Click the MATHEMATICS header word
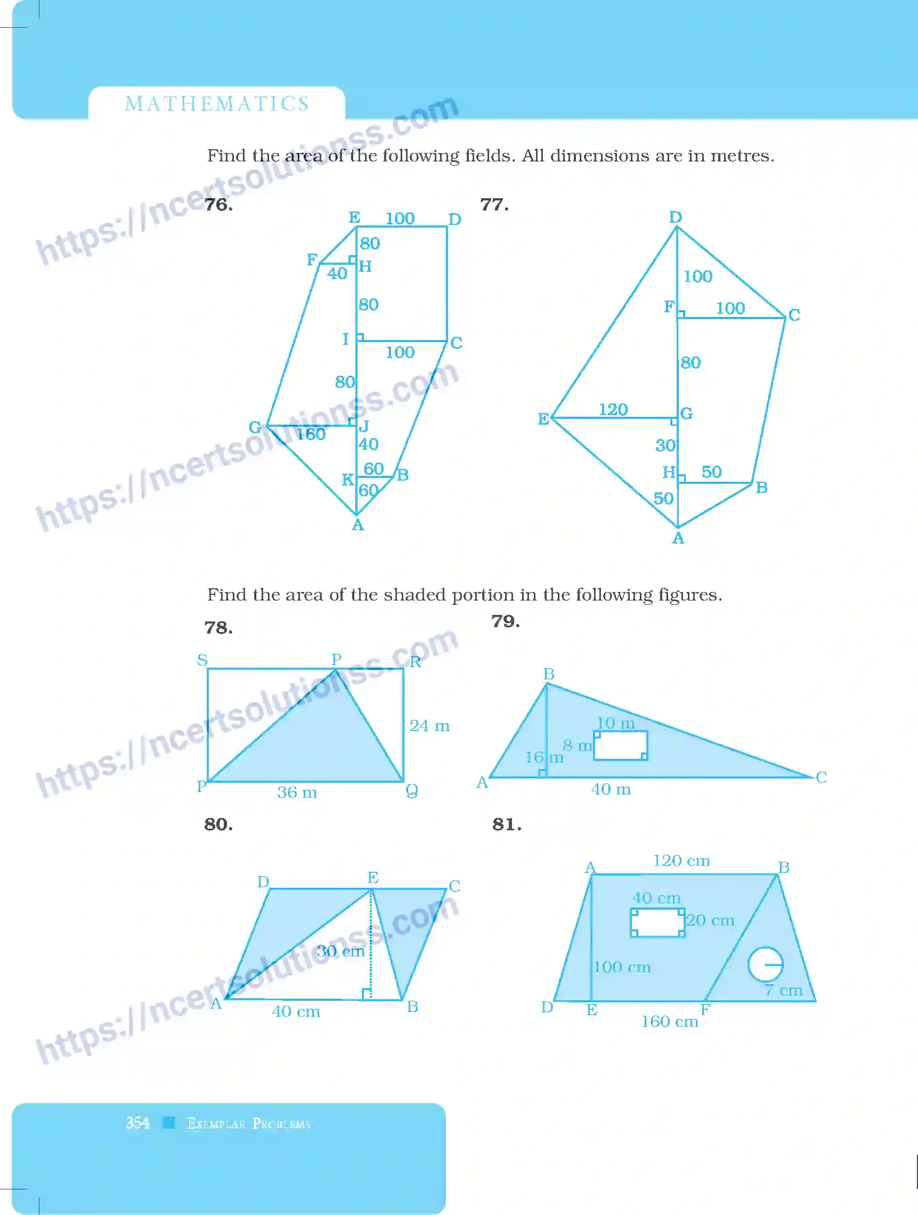click(217, 104)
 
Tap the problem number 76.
click(218, 204)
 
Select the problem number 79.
click(505, 621)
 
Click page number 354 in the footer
click(137, 1123)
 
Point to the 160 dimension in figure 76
click(311, 434)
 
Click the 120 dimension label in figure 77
click(613, 409)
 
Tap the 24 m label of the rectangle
click(429, 726)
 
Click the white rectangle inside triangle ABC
click(620, 746)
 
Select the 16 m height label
click(544, 757)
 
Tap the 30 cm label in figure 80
click(340, 951)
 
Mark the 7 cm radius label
click(784, 990)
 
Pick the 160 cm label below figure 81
click(669, 1022)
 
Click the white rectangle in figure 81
click(657, 922)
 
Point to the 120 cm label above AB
click(681, 861)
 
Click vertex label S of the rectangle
click(202, 660)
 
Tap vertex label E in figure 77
click(543, 419)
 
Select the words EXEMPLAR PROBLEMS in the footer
click(249, 1123)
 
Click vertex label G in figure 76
click(255, 427)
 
